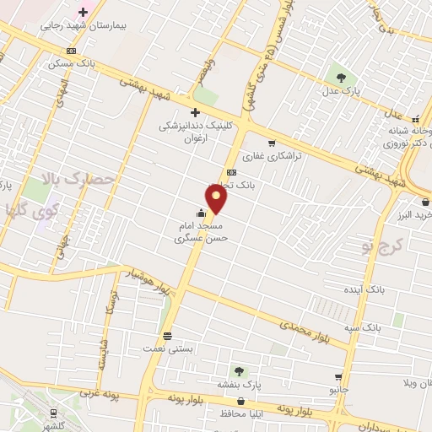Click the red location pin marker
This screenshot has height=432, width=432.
tap(218, 199)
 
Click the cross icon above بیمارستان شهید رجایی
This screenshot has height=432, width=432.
tap(83, 12)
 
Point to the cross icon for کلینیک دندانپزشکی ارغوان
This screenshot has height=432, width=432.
tap(195, 112)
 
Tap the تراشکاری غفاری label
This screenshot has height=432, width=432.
tap(266, 157)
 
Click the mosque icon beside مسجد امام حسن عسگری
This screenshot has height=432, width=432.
tap(199, 213)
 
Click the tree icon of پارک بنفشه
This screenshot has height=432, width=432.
tap(240, 370)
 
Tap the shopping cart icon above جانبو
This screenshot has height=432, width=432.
tap(338, 377)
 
